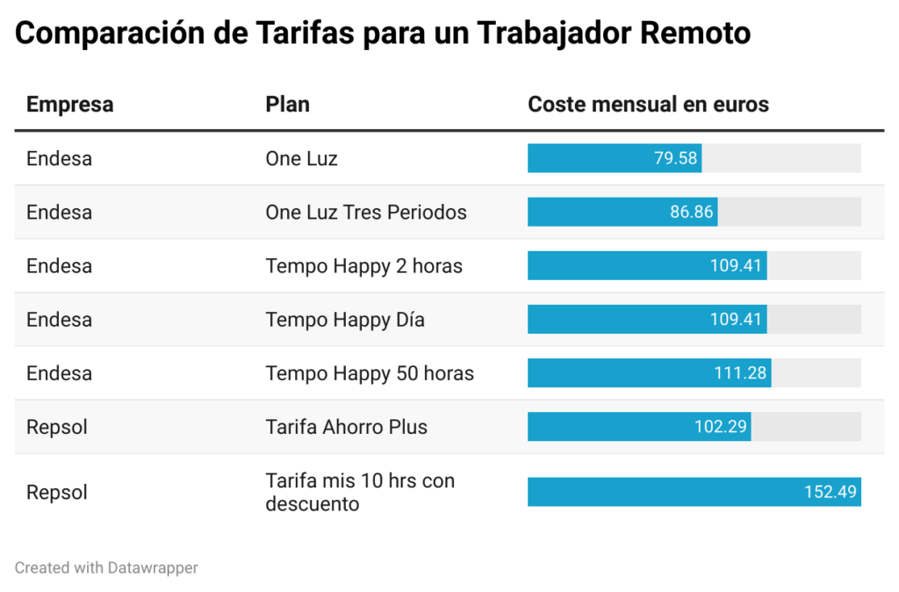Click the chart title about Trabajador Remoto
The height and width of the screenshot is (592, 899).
click(383, 33)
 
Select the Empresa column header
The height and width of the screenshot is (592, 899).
click(69, 105)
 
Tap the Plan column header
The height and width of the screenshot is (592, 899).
click(287, 105)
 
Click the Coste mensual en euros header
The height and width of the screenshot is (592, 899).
click(648, 105)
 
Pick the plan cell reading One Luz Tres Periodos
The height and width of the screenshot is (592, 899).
click(365, 213)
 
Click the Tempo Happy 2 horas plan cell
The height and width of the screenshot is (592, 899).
click(363, 266)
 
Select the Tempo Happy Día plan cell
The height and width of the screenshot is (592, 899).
click(345, 320)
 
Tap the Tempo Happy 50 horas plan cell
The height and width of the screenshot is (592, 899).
click(370, 373)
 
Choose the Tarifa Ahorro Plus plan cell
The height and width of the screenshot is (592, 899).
click(346, 428)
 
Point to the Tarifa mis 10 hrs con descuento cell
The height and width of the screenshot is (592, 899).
click(360, 492)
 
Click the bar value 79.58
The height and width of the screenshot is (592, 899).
click(675, 159)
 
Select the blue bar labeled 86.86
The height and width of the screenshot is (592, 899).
click(622, 213)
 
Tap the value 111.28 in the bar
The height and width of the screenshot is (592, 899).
click(740, 373)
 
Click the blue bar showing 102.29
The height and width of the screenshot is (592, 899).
click(639, 428)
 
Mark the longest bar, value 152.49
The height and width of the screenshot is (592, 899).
click(694, 492)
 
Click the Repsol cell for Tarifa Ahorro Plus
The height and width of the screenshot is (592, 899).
click(57, 428)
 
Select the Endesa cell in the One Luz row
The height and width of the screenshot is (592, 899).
click(59, 159)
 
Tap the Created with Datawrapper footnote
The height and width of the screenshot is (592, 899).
click(106, 568)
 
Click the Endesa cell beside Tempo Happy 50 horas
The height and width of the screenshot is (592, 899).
click(59, 373)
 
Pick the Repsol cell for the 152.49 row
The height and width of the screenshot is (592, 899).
click(57, 492)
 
